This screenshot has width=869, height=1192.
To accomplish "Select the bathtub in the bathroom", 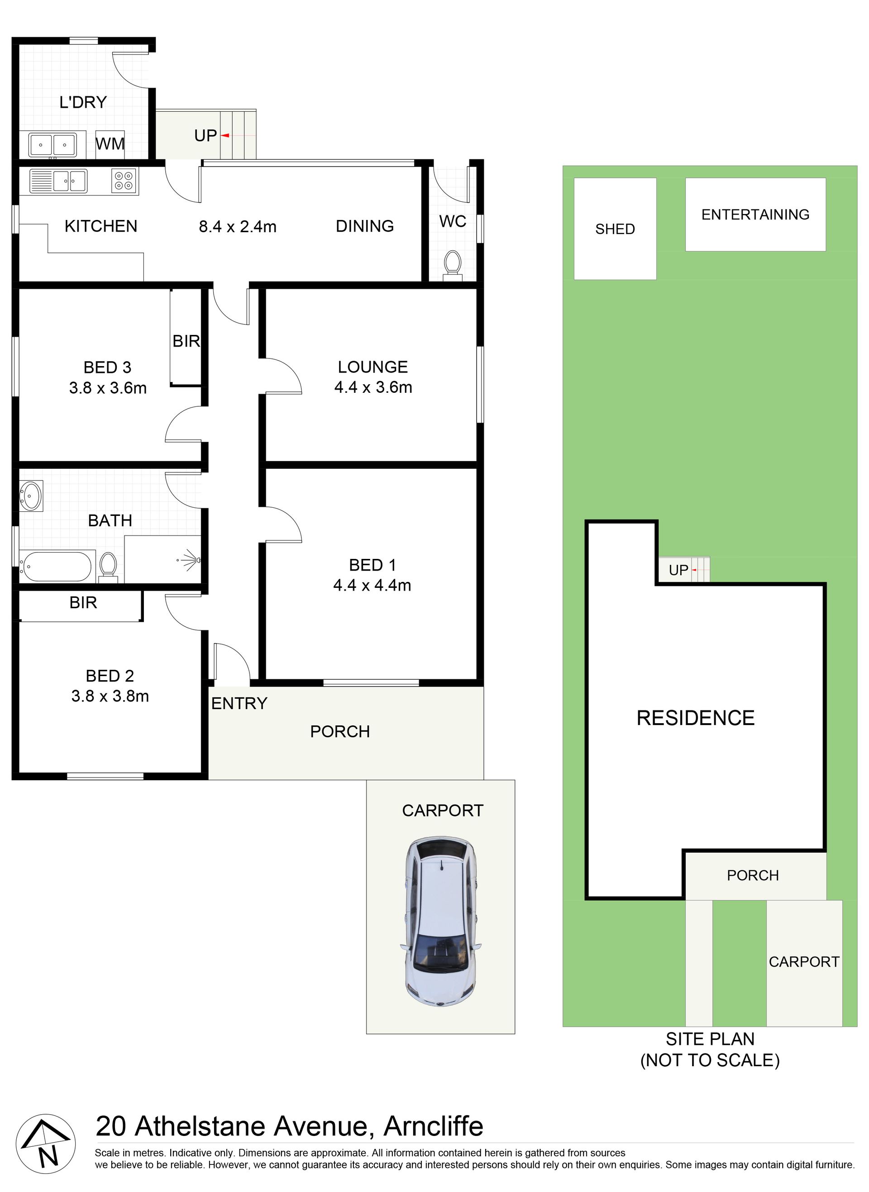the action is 55,566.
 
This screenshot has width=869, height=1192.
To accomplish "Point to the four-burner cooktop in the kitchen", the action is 124,181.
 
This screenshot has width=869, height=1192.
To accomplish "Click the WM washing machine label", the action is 110,143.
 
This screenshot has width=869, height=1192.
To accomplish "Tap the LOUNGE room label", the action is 373,367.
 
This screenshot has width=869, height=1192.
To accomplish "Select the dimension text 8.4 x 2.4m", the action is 238,227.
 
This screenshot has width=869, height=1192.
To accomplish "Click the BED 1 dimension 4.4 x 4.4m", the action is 372,585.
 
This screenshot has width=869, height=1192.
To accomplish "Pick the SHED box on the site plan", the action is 615,229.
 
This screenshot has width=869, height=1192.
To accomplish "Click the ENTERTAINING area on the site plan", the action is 755,215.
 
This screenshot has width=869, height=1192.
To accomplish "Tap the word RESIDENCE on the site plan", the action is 695,718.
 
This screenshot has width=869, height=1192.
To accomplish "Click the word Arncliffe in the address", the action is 434,1126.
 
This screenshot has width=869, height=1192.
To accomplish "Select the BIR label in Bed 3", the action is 186,341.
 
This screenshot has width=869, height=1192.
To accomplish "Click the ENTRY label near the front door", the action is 239,703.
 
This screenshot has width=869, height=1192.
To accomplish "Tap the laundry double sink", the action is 52,145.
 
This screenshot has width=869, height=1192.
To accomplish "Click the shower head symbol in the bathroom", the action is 191,559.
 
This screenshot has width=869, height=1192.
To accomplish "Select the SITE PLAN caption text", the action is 710,1049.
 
